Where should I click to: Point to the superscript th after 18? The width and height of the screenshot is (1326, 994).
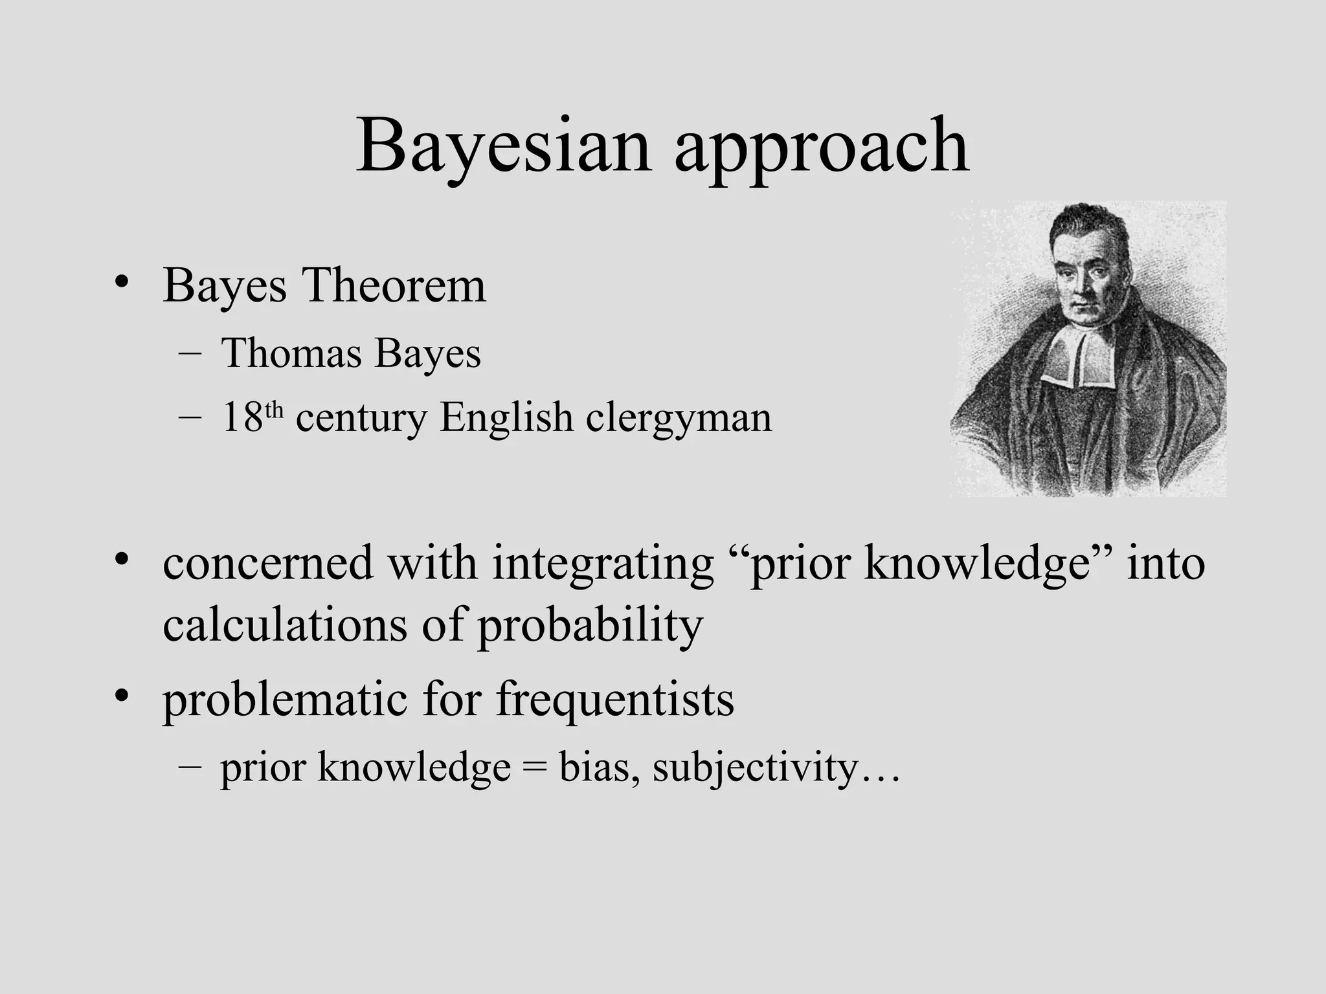point(275,408)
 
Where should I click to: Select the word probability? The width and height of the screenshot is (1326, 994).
point(590,626)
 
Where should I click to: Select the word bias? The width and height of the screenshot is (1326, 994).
point(594,768)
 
